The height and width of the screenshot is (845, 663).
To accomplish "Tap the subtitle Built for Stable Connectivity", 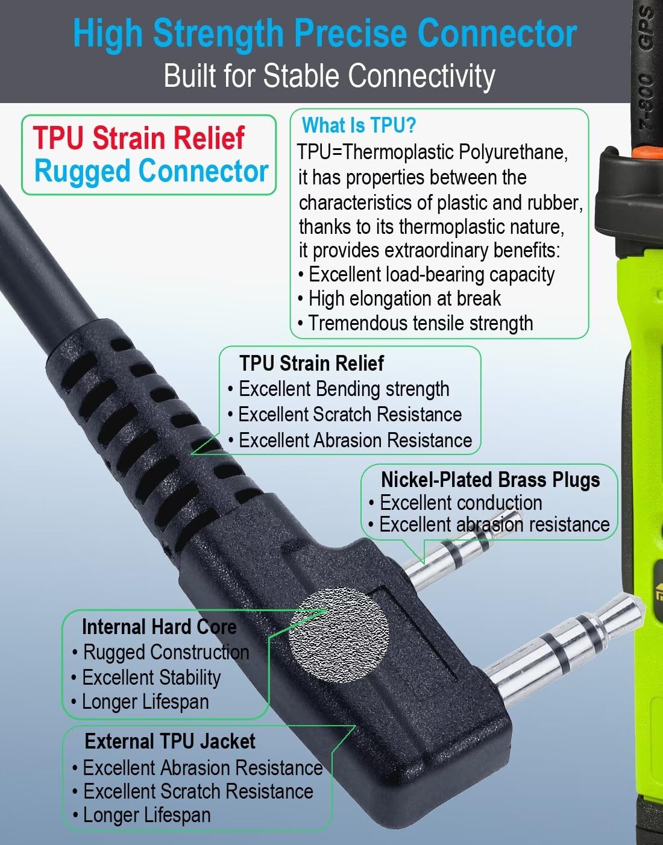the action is [329, 76].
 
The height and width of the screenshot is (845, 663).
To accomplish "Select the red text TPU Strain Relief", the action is [139, 138].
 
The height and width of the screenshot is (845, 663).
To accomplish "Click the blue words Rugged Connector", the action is [151, 172].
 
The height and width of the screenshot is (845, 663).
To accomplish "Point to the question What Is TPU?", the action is [359, 125].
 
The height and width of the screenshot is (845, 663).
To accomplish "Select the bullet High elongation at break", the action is [400, 299].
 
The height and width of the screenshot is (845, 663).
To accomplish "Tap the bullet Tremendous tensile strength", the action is [415, 323].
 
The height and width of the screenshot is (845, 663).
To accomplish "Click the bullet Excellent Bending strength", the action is [339, 389].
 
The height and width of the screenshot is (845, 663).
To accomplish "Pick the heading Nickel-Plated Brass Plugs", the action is [491, 480].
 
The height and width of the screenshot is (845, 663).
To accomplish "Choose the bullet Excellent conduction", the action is [455, 503].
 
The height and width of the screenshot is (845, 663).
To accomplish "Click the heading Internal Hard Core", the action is [160, 627].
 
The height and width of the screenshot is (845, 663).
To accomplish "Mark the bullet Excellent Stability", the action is [146, 677].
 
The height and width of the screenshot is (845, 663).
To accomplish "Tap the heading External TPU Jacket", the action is [171, 741].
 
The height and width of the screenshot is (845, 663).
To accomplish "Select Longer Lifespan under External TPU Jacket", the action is [142, 815].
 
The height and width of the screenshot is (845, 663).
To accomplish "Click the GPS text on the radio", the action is [647, 28].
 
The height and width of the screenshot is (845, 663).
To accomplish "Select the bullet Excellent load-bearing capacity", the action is [426, 275].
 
